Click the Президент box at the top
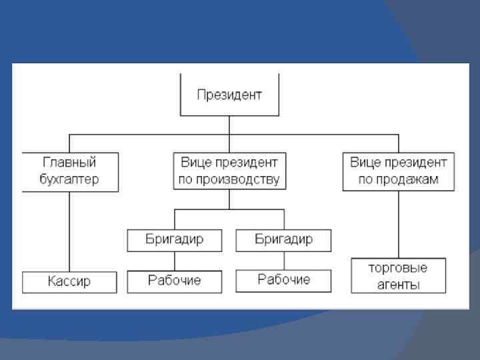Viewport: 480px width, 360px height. coord(229,95)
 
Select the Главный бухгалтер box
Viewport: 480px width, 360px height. coord(70,171)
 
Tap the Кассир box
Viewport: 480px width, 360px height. coord(69,282)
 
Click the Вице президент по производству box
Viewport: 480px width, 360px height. coord(229,171)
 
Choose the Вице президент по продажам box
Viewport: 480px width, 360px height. coord(399,171)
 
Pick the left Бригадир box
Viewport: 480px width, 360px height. coord(174,240)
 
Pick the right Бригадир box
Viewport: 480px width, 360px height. coord(283,240)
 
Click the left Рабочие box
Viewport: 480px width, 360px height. coord(174,281)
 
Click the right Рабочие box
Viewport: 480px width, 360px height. coord(283,281)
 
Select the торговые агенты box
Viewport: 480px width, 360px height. coord(399,276)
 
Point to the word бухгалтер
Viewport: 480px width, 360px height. coord(69,180)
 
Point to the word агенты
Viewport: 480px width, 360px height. coord(398,285)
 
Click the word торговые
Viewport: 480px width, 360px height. coord(398,268)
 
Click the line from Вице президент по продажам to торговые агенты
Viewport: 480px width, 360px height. coord(399,225)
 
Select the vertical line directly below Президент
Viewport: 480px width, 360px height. coord(229,125)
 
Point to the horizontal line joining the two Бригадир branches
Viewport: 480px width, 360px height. coord(229,209)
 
